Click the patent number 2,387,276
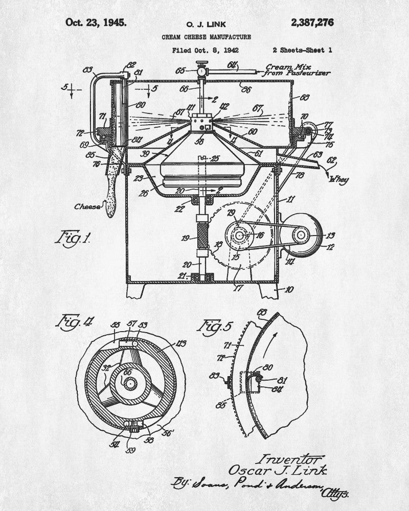pyautogui.click(x=312, y=22)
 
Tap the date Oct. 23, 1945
pyautogui.click(x=96, y=22)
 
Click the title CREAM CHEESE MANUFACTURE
pyautogui.click(x=206, y=37)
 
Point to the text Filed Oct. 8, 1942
pyautogui.click(x=206, y=51)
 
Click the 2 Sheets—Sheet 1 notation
pyautogui.click(x=303, y=51)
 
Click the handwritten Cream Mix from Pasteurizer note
pyautogui.click(x=296, y=70)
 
